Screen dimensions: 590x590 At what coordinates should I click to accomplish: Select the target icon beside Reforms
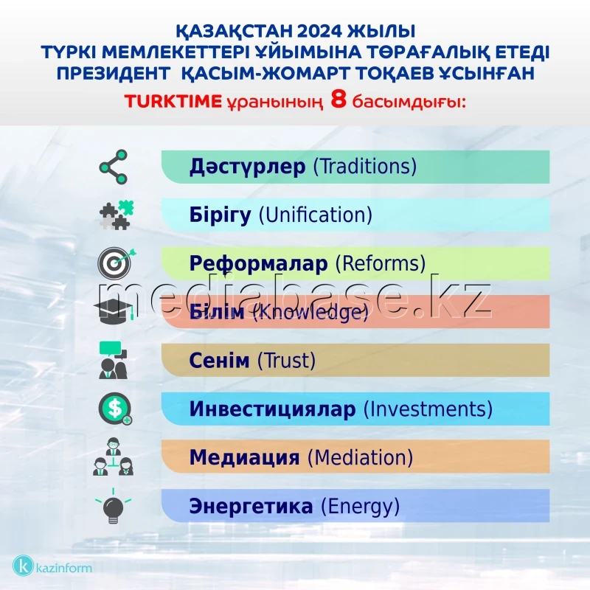[x=114, y=262]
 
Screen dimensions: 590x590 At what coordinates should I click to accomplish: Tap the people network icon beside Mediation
[x=114, y=457]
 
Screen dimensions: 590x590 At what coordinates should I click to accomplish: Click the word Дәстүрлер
[x=246, y=166]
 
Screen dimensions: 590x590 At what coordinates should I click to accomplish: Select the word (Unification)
[x=314, y=215]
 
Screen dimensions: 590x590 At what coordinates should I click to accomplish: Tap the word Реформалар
[x=258, y=263]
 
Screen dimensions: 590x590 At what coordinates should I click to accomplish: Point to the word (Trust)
[x=286, y=361]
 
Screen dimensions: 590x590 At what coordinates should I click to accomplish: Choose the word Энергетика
[x=251, y=507]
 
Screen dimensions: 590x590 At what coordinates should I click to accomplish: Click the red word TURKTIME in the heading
[x=173, y=102]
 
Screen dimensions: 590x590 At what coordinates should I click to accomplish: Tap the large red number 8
[x=339, y=100]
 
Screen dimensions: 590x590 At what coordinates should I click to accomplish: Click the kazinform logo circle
[x=24, y=566]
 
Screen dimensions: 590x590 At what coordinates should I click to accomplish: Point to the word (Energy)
[x=360, y=507]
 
